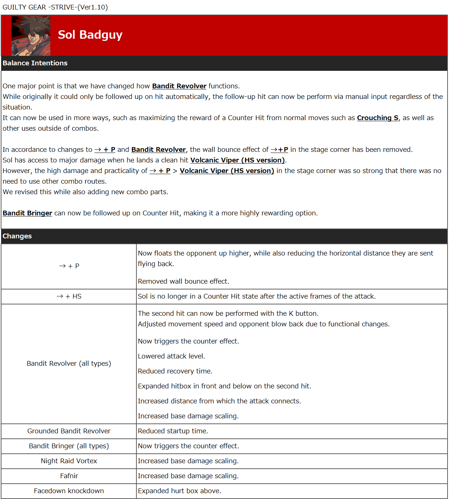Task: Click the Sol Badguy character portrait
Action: pos(31,36)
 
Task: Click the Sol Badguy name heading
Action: pos(90,35)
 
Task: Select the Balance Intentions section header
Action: pos(35,63)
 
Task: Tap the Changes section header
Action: pos(17,236)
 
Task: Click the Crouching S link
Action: pos(378,118)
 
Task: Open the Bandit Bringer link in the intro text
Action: pos(27,213)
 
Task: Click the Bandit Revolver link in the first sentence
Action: pos(179,86)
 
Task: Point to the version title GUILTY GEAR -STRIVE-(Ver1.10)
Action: pos(55,7)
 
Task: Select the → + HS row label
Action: pos(69,296)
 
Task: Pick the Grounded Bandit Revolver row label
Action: pos(69,431)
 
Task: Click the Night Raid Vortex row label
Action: pos(69,461)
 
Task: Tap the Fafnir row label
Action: pos(69,476)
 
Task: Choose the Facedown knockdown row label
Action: pos(69,491)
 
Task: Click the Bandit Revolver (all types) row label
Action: pos(69,364)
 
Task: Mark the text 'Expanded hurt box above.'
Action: pos(179,491)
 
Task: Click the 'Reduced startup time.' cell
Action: pos(173,431)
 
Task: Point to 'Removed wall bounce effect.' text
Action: pos(183,281)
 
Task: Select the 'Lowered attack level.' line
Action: pos(171,356)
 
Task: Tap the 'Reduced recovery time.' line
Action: pos(175,371)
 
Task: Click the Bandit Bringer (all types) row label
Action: pos(69,446)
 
